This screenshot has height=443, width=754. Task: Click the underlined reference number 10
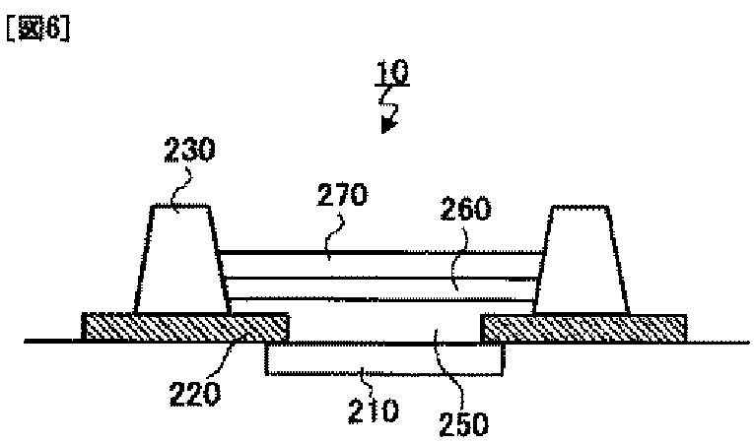392,74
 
